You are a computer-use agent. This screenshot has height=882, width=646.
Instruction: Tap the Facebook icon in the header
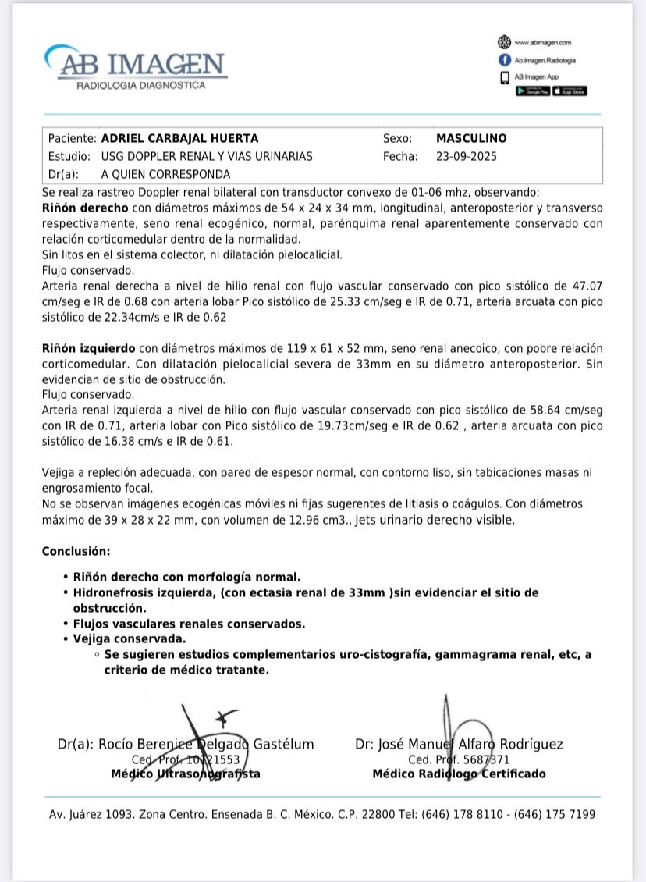pos(504,60)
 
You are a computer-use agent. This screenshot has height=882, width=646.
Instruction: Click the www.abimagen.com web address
pos(542,42)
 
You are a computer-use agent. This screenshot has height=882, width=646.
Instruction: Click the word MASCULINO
pos(471,138)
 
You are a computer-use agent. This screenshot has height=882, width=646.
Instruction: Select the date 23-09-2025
pos(467,156)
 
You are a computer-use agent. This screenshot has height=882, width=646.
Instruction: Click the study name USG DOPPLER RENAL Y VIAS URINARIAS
pos(207,156)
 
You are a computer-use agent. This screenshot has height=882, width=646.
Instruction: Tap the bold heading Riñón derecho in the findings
pos(85,208)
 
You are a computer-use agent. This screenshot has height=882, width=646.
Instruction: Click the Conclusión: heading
pos(76,551)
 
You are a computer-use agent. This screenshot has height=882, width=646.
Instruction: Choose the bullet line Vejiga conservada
pos(130,639)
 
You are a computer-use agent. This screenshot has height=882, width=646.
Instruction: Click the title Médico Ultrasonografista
pos(186,774)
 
